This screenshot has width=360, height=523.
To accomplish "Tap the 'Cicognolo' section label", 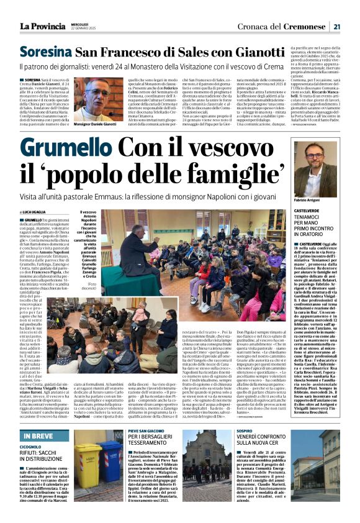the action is point(30,447).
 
